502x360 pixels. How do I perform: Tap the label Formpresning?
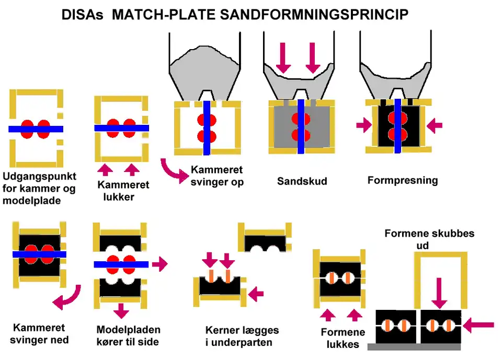click(x=403, y=181)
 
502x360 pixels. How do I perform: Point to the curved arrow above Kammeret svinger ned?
click(x=66, y=298)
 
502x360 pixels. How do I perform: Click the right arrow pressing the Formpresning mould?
click(x=434, y=125)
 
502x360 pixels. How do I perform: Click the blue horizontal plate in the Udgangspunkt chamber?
click(x=36, y=129)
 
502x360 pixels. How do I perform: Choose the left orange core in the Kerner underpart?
click(x=212, y=276)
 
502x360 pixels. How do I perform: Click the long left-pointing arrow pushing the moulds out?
click(x=478, y=326)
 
